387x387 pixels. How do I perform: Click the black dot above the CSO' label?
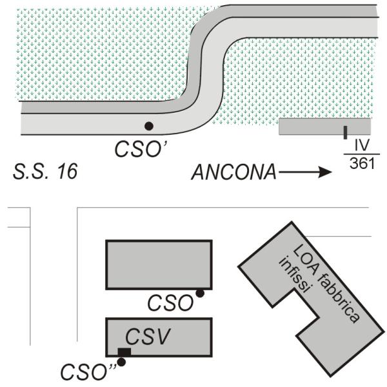click(149, 126)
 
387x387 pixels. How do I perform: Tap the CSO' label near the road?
click(141, 148)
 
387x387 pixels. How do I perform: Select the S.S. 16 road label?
click(45, 172)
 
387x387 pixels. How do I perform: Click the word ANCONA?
click(234, 172)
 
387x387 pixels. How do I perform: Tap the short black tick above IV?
click(346, 133)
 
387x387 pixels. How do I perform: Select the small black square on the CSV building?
click(124, 352)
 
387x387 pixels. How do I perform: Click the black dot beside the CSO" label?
click(121, 362)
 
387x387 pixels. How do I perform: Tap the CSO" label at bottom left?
click(86, 372)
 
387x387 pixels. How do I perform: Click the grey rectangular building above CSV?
click(159, 264)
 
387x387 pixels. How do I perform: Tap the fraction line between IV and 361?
click(359, 154)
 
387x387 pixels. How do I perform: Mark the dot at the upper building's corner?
click(200, 293)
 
